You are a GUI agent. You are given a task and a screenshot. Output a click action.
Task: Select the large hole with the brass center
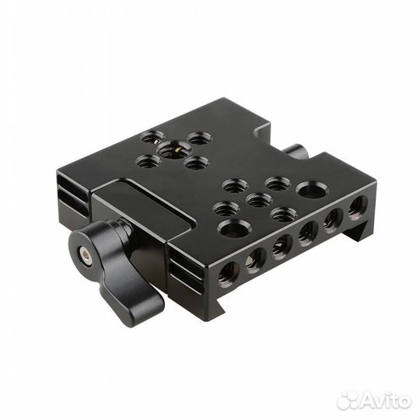[171, 149]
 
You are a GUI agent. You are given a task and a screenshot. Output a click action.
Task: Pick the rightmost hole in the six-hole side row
[358, 206]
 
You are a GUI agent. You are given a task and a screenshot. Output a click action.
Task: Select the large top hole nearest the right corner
[312, 189]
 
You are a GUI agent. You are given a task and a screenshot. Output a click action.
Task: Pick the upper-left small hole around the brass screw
[152, 137]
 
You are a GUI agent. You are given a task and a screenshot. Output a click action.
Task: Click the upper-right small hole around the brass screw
[199, 138]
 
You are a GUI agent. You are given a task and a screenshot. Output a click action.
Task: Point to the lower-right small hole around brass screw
[196, 163]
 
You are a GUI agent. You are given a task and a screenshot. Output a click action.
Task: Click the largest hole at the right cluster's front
[234, 228]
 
